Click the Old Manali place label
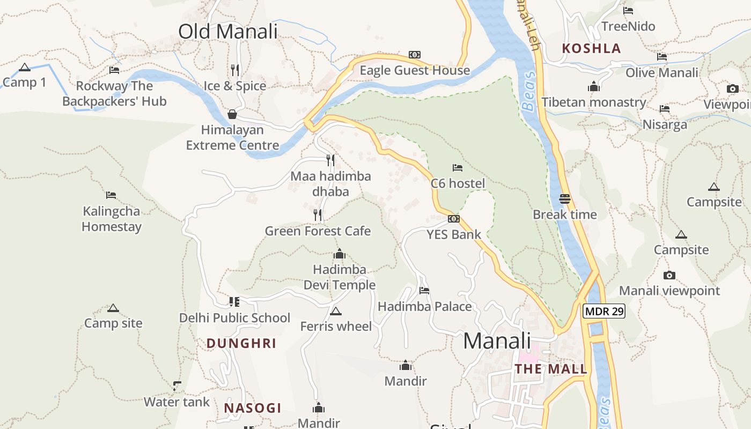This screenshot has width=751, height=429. [x=228, y=31]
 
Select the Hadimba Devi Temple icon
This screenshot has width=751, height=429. [x=339, y=254]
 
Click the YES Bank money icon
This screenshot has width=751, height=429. [x=454, y=219]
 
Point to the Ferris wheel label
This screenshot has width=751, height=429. [x=336, y=327]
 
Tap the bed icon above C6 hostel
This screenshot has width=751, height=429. [x=458, y=168]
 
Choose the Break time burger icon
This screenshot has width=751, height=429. [x=564, y=199]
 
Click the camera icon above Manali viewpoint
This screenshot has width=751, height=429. [x=669, y=275]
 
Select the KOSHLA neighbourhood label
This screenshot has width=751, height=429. [x=591, y=48]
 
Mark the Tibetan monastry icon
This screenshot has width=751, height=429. [x=593, y=86]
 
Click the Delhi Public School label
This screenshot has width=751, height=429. [x=234, y=317]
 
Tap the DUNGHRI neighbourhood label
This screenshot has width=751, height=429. [x=241, y=343]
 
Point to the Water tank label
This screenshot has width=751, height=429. [x=176, y=402]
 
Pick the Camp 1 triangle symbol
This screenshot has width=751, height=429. [x=24, y=68]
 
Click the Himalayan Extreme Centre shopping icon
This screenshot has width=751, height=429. [x=232, y=114]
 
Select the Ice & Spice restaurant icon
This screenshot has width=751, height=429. [x=234, y=70]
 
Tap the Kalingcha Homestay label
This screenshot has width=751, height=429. [x=112, y=219]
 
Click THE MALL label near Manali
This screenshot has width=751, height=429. [x=551, y=369]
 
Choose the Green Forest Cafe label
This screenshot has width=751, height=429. [x=318, y=231]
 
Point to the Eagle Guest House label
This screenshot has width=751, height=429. [x=415, y=70]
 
